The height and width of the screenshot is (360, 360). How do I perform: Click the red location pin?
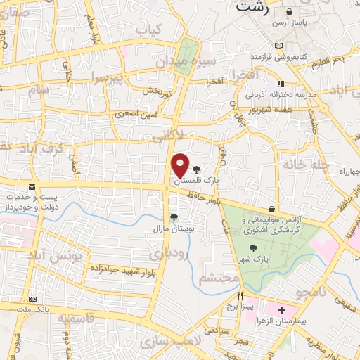180,165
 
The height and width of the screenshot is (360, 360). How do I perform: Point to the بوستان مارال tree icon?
173,217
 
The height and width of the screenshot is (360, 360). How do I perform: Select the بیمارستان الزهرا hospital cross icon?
282,310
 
